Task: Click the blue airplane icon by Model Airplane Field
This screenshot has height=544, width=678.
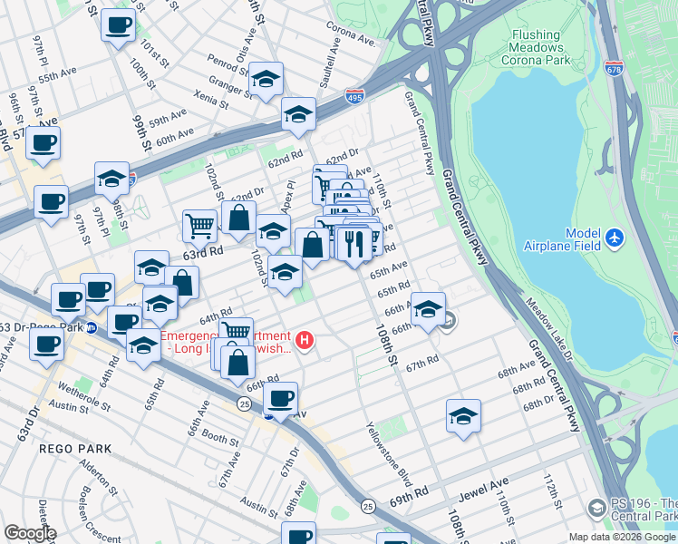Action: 616,238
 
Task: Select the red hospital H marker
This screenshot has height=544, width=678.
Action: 305,341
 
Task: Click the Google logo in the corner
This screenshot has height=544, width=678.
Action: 30,533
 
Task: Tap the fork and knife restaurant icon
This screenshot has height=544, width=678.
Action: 354,243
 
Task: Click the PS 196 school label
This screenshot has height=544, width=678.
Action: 643,510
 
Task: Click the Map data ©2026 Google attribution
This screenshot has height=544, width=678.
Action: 621,537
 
